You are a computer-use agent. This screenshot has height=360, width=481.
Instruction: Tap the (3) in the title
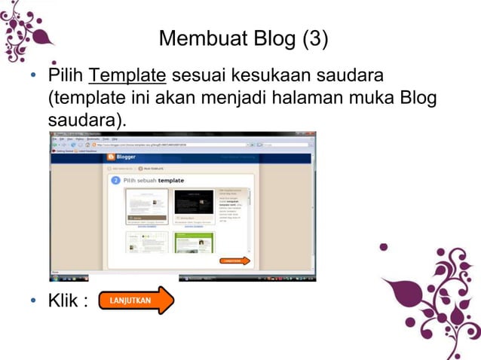(315, 38)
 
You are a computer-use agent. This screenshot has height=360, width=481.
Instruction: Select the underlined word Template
(127, 75)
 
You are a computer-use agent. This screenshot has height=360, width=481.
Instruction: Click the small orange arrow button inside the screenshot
(234, 261)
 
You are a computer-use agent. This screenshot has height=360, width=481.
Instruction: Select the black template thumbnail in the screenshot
(194, 206)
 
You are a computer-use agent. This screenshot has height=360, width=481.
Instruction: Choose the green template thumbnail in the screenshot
(194, 243)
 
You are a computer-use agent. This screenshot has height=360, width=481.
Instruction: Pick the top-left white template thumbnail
(146, 206)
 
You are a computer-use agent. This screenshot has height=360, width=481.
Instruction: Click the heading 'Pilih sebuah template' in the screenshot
(154, 182)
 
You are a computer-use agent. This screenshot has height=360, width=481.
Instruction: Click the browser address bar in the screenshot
(166, 144)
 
